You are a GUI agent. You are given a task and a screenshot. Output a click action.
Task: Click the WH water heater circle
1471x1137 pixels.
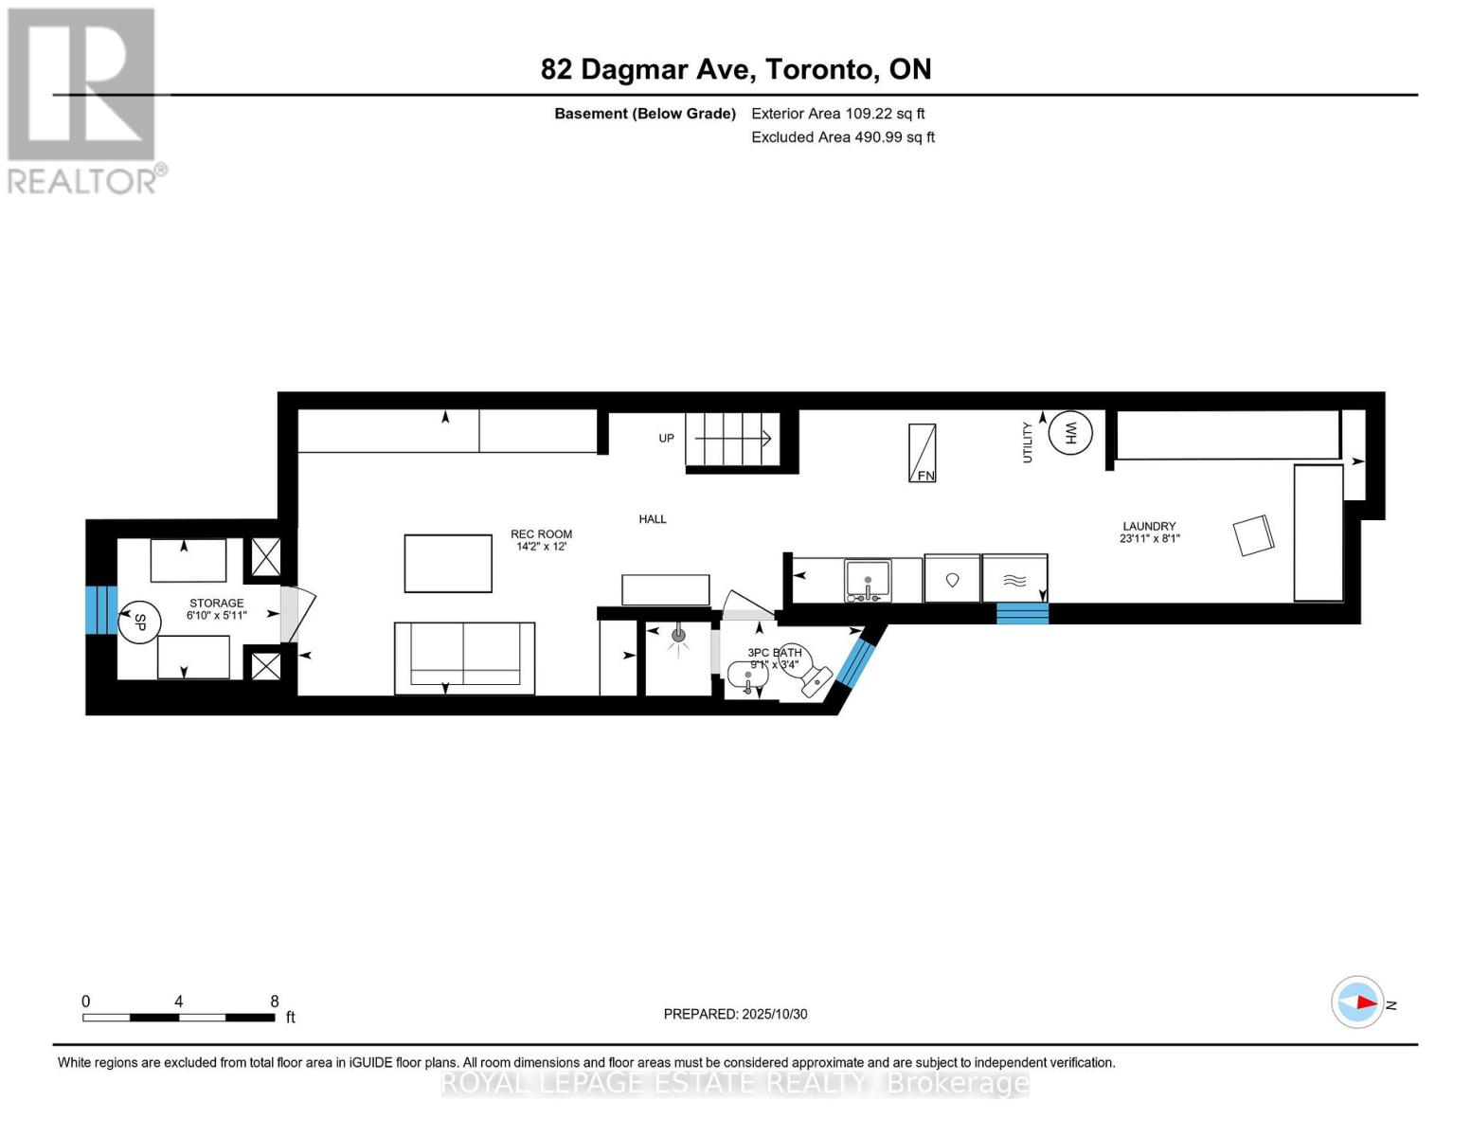(x=1070, y=433)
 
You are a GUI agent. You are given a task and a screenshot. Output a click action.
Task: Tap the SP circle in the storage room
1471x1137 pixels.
(x=139, y=623)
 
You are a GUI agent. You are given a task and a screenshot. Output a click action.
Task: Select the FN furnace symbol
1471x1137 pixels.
(x=923, y=453)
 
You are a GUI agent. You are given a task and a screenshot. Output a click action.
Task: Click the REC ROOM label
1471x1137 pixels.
(x=541, y=534)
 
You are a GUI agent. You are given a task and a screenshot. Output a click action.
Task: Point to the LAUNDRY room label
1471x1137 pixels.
(x=1149, y=527)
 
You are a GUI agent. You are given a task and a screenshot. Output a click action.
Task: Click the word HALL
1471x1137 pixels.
(x=653, y=519)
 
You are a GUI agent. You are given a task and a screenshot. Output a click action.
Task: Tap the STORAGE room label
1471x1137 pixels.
(x=216, y=604)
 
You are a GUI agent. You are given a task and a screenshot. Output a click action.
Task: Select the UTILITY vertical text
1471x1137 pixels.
(x=1028, y=442)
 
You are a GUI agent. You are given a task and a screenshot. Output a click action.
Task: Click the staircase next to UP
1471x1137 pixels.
(x=732, y=439)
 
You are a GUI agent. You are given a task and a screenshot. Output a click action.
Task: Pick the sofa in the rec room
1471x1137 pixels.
(x=464, y=657)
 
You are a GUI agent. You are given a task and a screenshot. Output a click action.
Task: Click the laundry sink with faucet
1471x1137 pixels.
(x=868, y=581)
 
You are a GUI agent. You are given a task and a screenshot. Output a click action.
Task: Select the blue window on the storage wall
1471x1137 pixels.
(x=101, y=609)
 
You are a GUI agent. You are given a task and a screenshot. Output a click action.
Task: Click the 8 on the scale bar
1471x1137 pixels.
(x=275, y=1002)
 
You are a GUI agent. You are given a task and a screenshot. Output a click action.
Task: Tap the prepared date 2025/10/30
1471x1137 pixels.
(x=774, y=1014)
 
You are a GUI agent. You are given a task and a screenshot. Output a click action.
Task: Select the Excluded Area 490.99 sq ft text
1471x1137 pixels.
(x=842, y=137)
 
